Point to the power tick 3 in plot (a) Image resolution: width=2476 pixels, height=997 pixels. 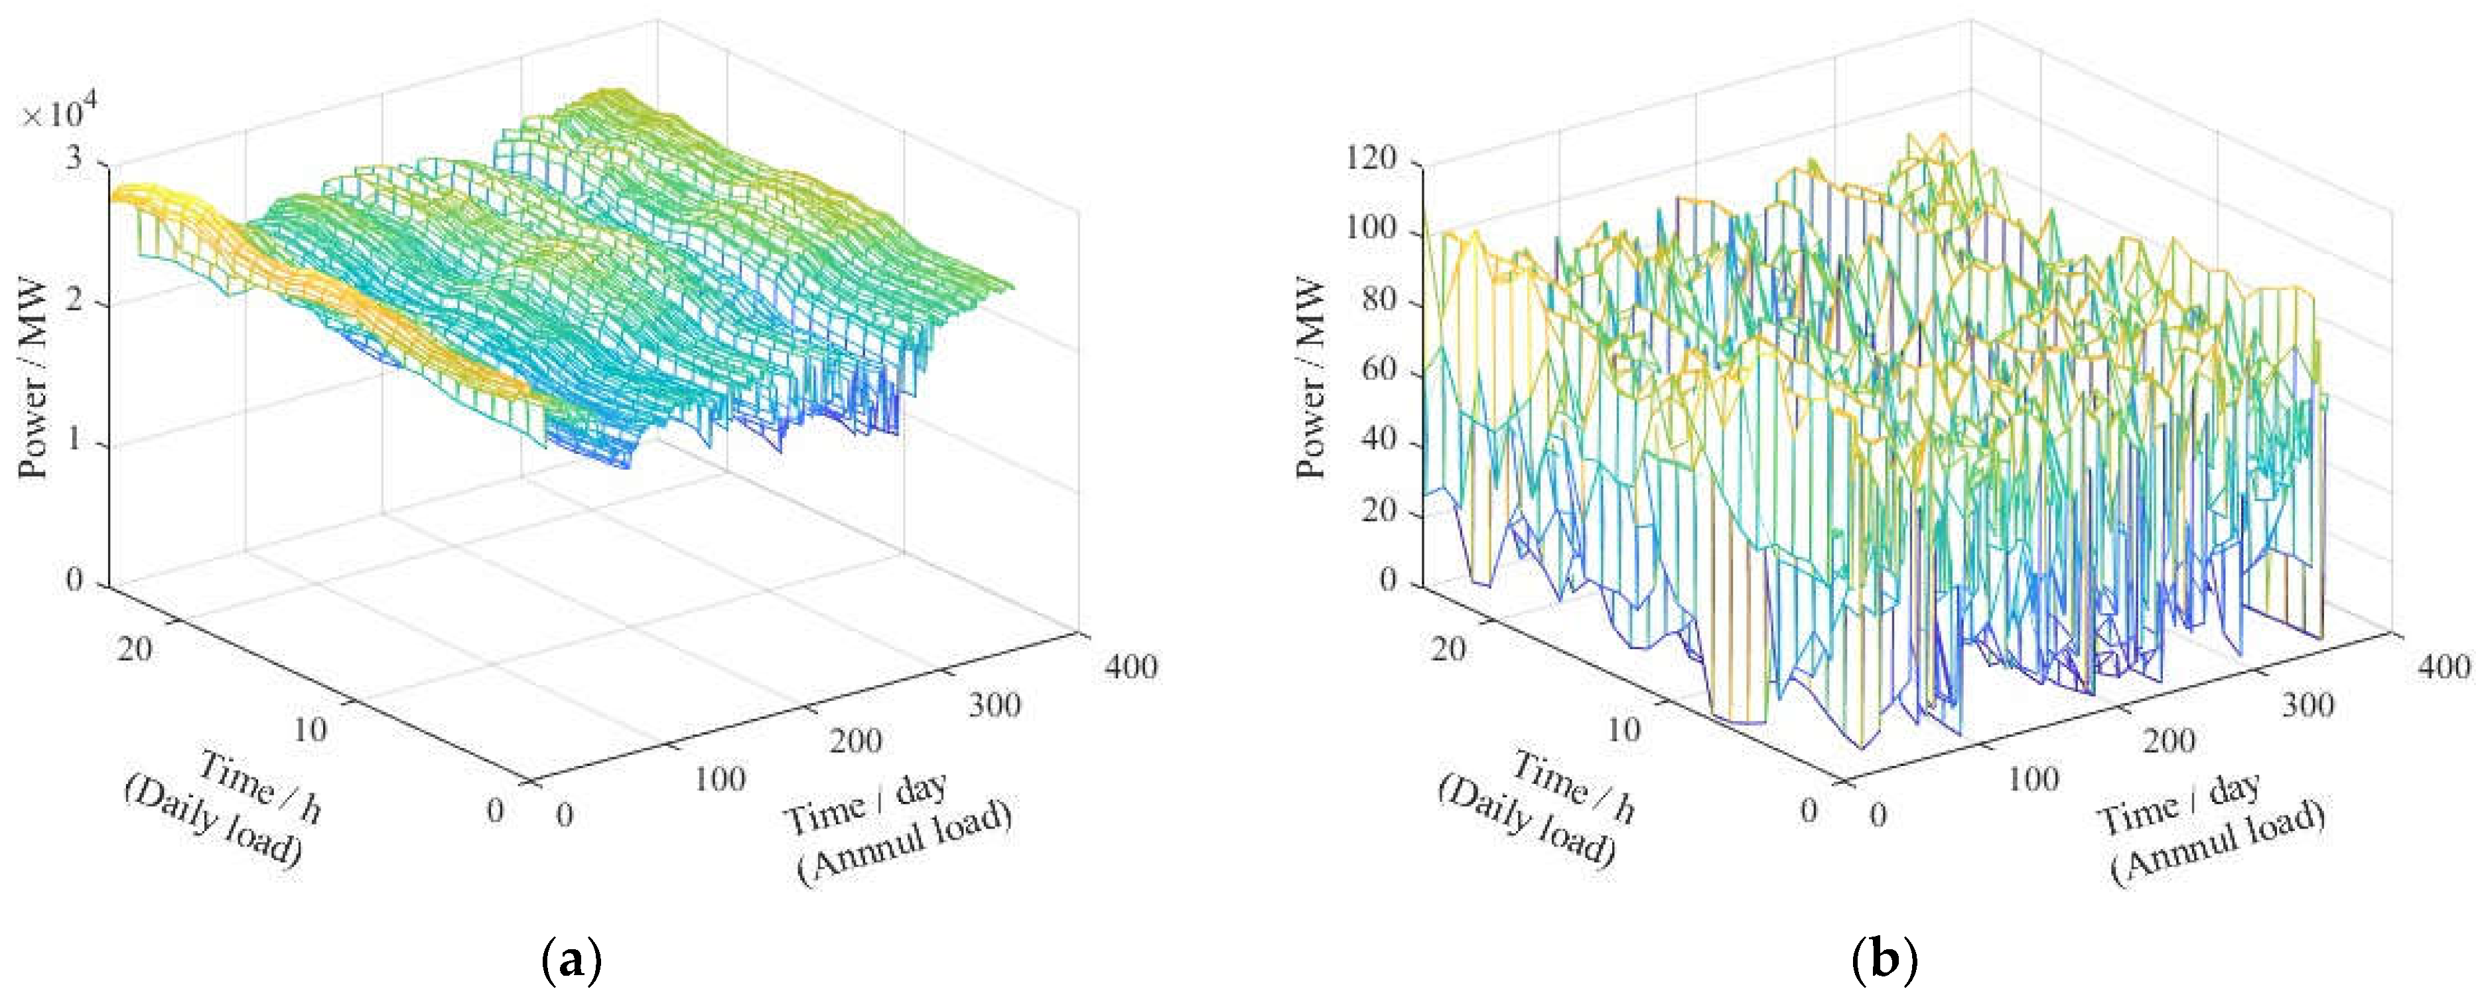(75, 159)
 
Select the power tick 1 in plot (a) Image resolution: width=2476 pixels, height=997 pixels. (75, 442)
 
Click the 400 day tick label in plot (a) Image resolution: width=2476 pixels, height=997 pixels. (1131, 666)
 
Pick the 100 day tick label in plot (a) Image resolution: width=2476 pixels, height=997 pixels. (719, 778)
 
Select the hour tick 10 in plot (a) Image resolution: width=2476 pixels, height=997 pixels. (309, 729)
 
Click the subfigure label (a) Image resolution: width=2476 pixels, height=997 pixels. (572, 960)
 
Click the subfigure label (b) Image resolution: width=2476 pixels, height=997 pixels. (1884, 960)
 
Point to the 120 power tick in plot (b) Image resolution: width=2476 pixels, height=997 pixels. (1371, 159)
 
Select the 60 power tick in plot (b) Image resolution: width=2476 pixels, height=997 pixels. (1380, 371)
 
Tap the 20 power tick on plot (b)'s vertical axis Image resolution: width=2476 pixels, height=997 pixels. (1380, 512)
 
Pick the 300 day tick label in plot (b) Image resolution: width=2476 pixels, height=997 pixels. (2307, 705)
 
